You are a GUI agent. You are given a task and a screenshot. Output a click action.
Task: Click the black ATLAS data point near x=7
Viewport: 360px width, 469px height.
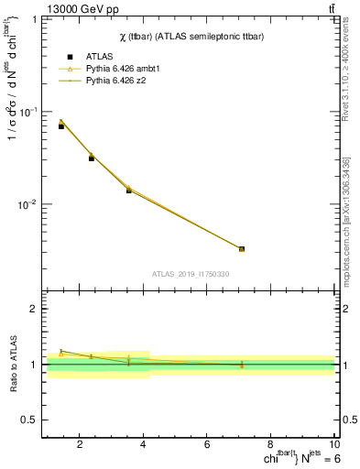pyautogui.click(x=242, y=249)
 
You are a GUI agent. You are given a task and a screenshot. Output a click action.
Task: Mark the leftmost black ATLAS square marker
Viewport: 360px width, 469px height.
pyautogui.click(x=61, y=126)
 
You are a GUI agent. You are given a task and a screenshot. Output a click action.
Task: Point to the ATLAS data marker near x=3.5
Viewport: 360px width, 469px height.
pyautogui.click(x=129, y=191)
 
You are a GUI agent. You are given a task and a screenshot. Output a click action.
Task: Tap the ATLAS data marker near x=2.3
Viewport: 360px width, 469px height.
pyautogui.click(x=92, y=158)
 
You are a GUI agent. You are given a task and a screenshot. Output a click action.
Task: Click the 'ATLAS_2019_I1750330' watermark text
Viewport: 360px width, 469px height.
pyautogui.click(x=190, y=274)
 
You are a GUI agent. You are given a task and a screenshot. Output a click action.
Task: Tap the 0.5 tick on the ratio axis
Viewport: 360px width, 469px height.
pyautogui.click(x=30, y=420)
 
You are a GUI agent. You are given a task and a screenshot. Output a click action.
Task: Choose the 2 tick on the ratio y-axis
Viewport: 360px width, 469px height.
pyautogui.click(x=34, y=309)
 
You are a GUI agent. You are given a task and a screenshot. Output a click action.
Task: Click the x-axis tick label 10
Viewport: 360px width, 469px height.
pyautogui.click(x=333, y=445)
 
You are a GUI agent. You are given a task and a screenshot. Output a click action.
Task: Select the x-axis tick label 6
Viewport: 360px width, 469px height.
pyautogui.click(x=207, y=445)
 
